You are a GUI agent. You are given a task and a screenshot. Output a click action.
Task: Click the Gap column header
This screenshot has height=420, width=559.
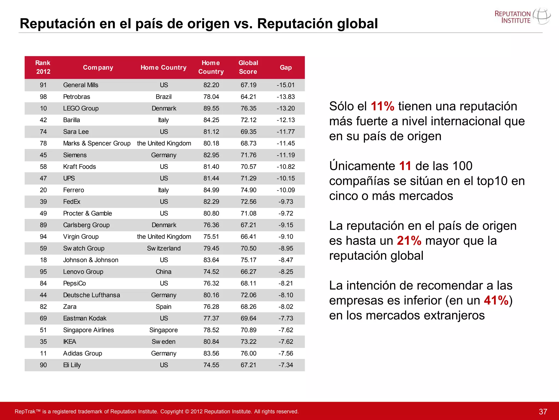pos(286,68)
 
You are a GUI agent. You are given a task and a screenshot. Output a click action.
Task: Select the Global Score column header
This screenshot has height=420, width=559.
pos(248,67)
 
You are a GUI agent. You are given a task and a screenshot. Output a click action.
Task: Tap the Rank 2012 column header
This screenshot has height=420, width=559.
pos(43,67)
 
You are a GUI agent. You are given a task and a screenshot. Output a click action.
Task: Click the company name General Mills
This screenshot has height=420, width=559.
pos(81,85)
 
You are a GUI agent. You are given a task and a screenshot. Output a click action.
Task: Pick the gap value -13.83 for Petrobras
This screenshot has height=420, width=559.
pos(286,97)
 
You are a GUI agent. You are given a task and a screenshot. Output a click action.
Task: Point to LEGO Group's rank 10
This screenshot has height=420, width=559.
pos(43,109)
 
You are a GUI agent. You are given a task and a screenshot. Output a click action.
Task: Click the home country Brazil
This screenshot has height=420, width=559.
pos(163,97)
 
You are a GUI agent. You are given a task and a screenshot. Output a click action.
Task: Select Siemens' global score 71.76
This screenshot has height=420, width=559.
pos(248,155)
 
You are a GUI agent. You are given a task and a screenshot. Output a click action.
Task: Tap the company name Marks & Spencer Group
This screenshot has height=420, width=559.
pos(97,143)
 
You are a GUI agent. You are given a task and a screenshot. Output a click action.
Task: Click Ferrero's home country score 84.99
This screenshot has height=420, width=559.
pos(211,190)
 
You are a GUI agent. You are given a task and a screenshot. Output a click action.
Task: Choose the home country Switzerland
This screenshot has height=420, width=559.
pos(163,248)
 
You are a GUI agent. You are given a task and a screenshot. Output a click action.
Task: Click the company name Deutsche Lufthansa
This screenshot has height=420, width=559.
pos(91,295)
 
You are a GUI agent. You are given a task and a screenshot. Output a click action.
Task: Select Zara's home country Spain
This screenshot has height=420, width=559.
pos(163,307)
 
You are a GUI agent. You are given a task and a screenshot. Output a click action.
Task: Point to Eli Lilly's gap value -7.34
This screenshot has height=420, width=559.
pos(286,365)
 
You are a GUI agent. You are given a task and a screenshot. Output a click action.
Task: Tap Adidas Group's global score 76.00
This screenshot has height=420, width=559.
pos(248,353)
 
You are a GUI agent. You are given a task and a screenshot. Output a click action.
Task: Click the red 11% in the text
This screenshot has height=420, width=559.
pos(382,106)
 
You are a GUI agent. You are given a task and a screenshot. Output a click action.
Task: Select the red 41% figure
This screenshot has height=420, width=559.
pos(496,301)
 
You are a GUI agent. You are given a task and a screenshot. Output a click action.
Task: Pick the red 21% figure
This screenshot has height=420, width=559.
pos(409,241)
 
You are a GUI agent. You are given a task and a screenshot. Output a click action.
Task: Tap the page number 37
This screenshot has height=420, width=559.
pos(543,412)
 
